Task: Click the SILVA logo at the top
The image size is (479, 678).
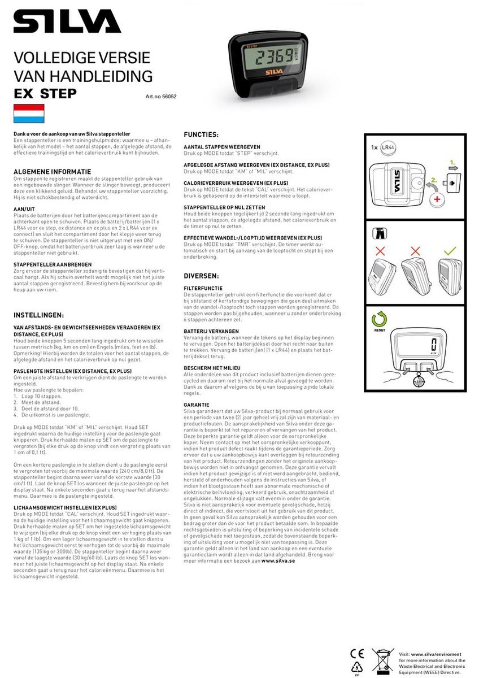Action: coord(67,23)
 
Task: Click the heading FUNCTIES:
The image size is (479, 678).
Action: coord(201,134)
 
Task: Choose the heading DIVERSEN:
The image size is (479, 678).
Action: coord(201,276)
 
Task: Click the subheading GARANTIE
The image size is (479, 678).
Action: coord(196,405)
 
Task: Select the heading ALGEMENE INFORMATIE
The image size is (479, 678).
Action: coord(52,171)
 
